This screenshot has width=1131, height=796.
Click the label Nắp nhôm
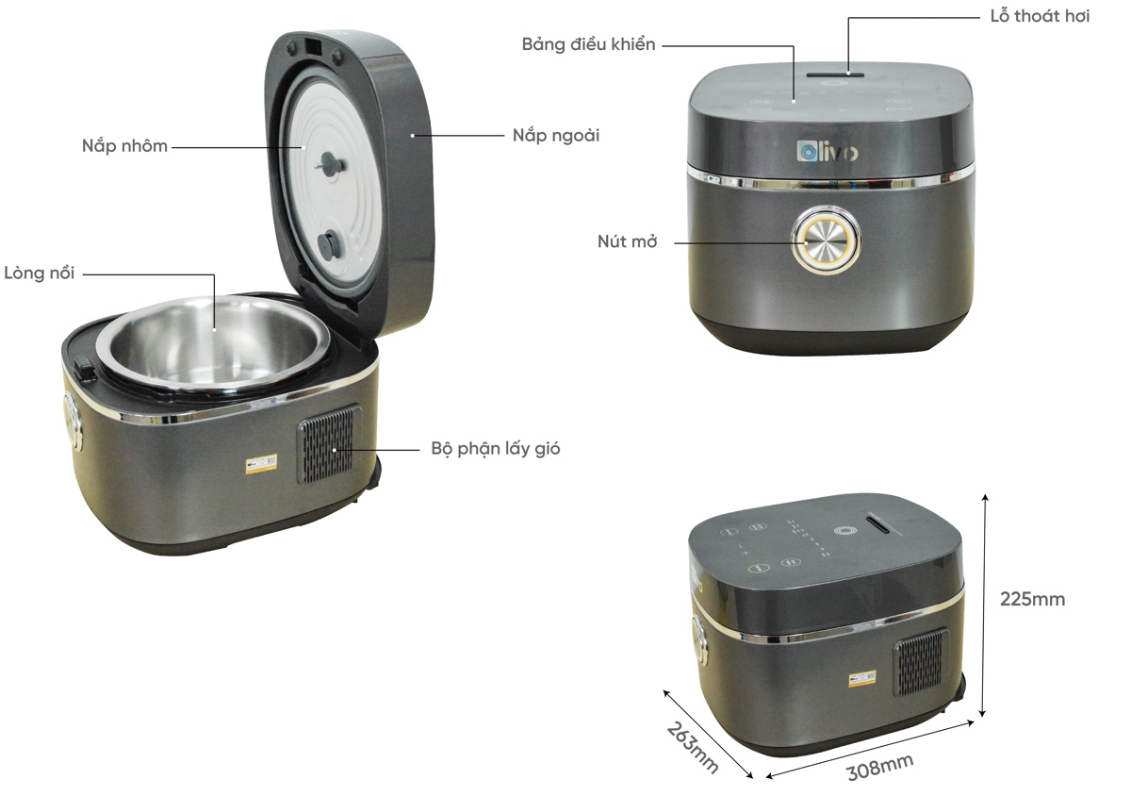click(x=123, y=146)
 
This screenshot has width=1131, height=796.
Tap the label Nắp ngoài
click(x=556, y=136)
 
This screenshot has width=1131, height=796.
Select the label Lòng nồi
click(x=39, y=274)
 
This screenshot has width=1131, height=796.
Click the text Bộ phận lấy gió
click(x=496, y=449)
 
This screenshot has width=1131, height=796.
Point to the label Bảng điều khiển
click(x=588, y=44)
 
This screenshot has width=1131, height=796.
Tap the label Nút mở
click(x=627, y=241)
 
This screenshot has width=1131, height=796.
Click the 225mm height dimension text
click(x=1032, y=599)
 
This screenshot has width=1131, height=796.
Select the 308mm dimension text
click(x=878, y=767)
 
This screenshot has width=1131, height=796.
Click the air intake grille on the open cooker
click(x=329, y=445)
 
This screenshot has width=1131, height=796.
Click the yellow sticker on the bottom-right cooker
click(x=861, y=678)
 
